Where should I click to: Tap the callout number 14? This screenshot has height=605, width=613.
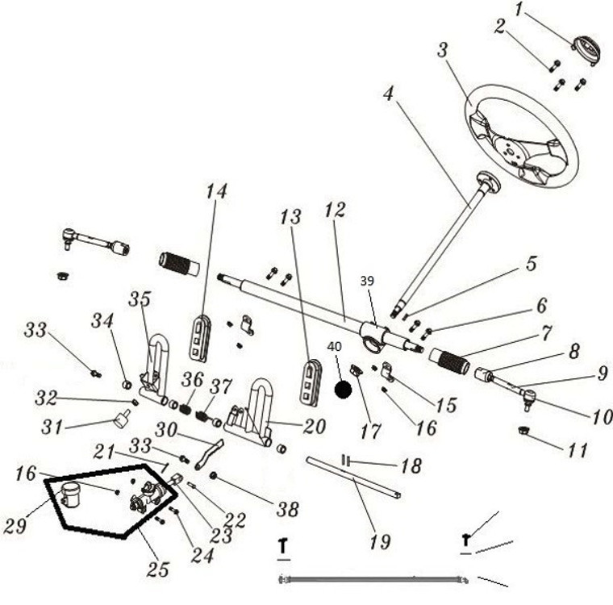pos(215,191)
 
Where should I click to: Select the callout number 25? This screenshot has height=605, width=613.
pos(158,569)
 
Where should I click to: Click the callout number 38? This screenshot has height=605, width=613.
pos(287,509)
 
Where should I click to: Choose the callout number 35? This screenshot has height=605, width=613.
pos(140,300)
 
